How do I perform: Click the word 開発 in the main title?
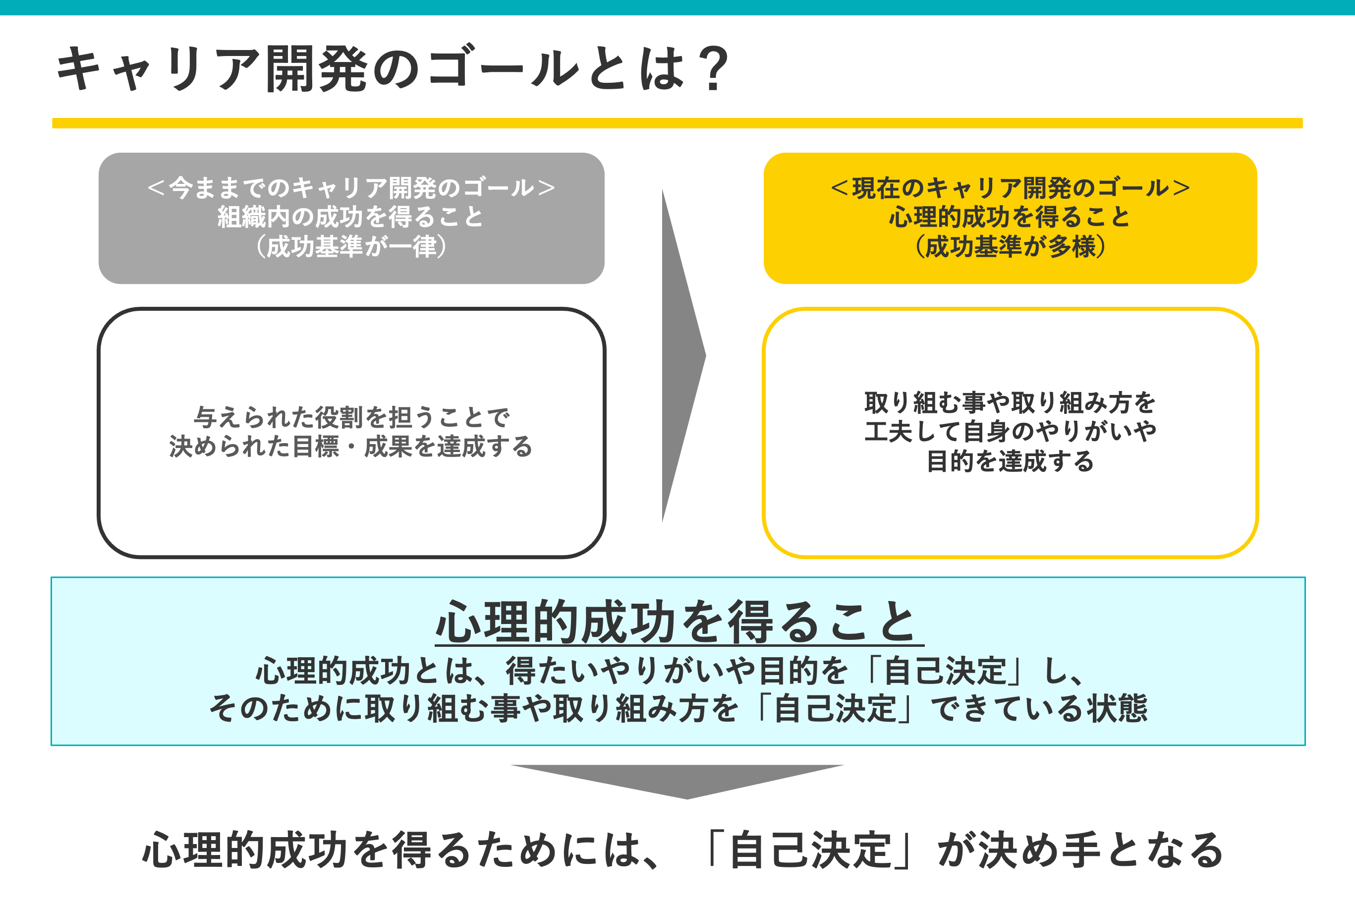tap(316, 69)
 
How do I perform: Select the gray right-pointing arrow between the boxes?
tap(681, 356)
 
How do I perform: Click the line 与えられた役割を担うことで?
tap(351, 417)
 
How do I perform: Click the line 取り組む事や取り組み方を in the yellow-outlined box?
tap(1010, 403)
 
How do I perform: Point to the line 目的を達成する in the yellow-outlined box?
tap(1010, 462)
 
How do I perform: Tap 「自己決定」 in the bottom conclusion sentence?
tap(810, 851)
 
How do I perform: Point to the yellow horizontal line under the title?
tap(677, 123)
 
